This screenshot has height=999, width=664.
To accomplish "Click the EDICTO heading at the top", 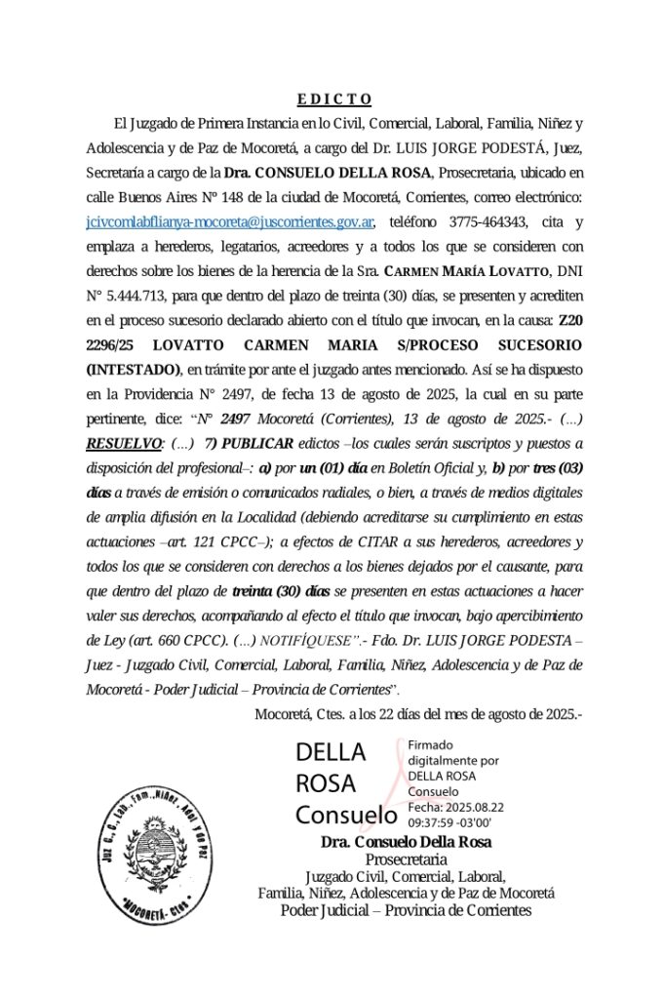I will coord(333,99).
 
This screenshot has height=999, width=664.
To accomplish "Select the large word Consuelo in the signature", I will coord(346,815).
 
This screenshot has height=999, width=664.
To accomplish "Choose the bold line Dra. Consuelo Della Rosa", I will coord(406,842).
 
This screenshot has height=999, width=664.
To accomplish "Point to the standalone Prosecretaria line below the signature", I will coord(406,859).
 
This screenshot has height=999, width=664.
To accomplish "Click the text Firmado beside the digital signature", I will coord(430,744).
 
